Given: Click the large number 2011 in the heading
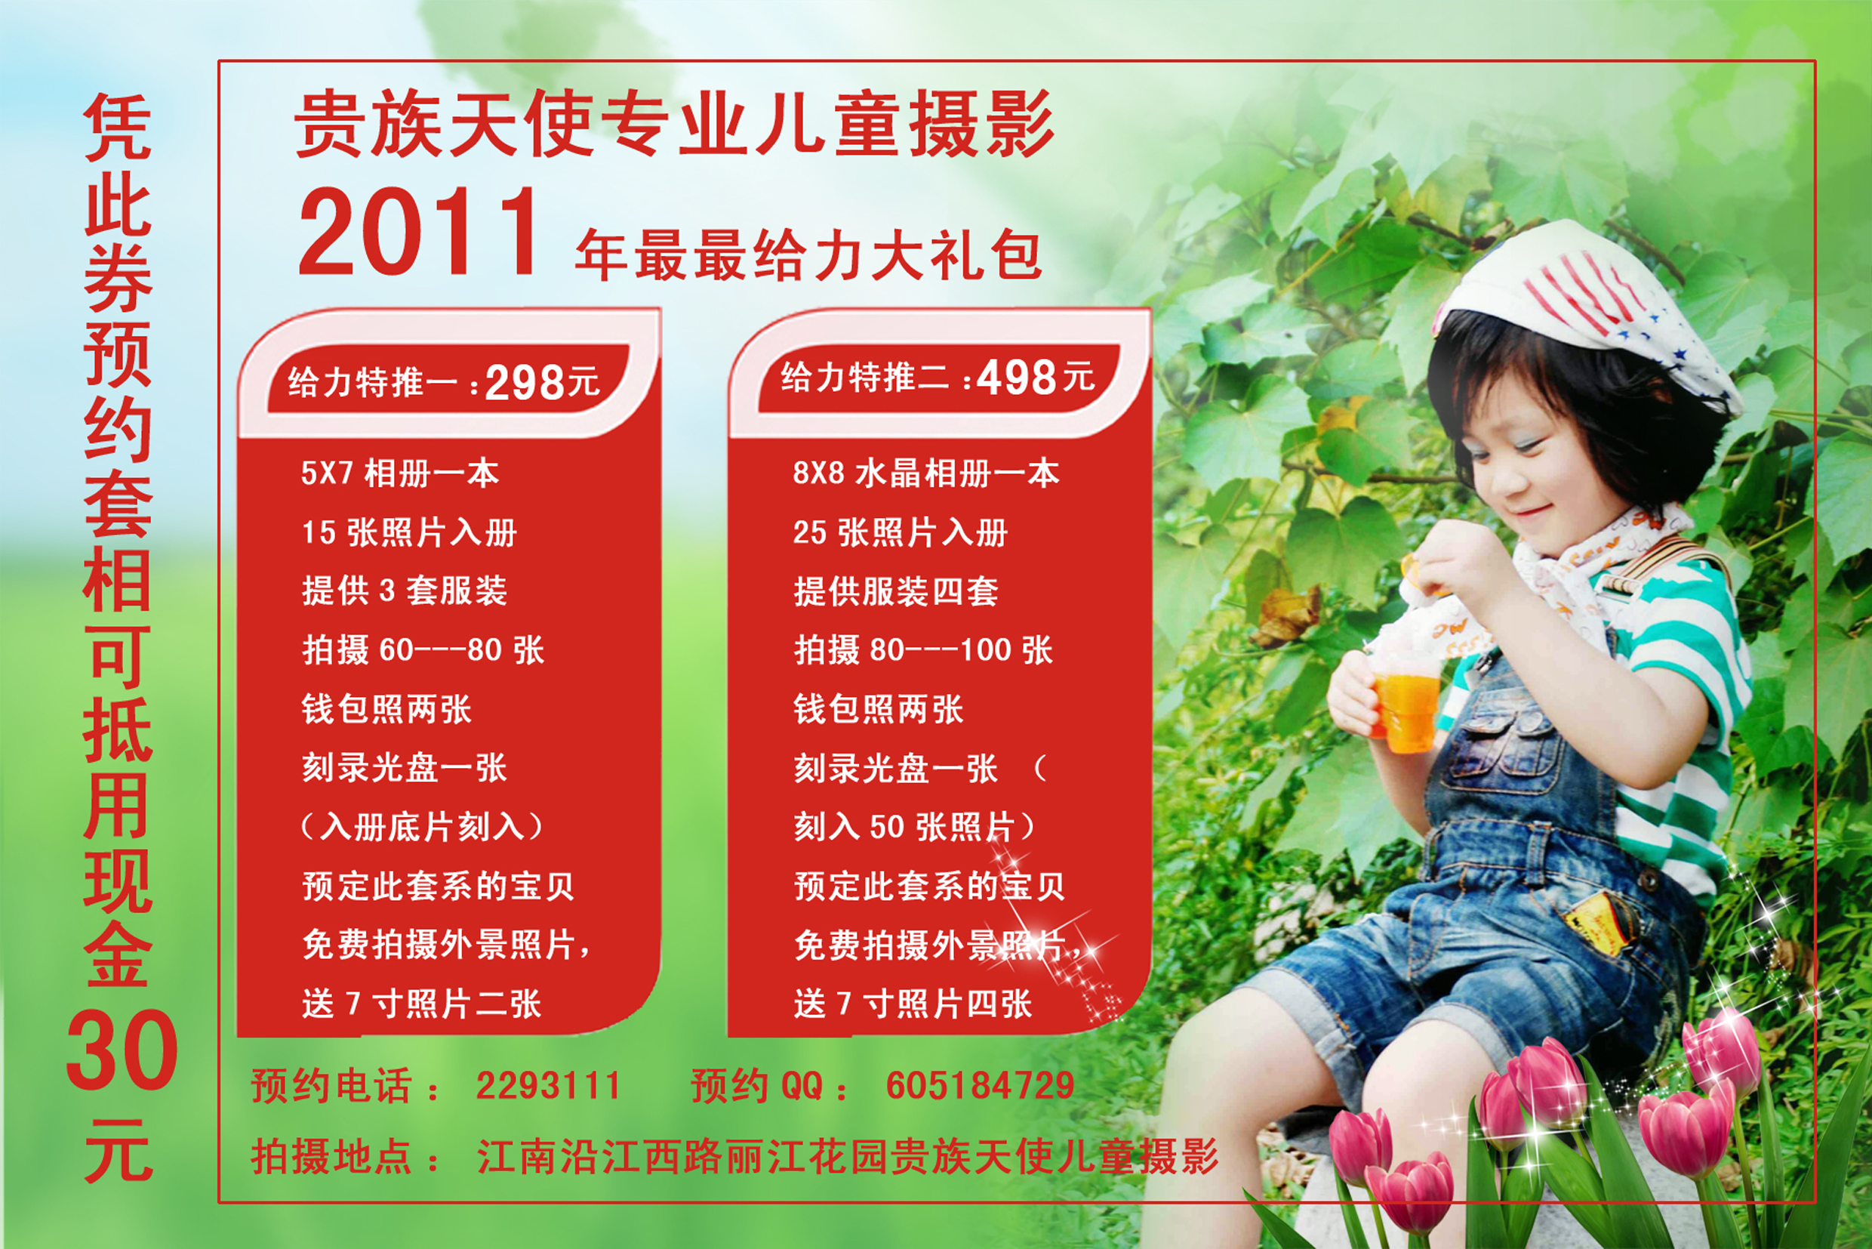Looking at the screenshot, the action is click(x=419, y=233).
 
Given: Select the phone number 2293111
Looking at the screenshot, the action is click(x=548, y=1086).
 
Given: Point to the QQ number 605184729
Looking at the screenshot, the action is click(x=981, y=1086).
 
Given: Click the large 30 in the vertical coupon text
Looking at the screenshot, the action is click(x=121, y=1050).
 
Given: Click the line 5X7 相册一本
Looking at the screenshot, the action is click(x=400, y=474).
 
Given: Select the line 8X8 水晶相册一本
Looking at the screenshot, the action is click(x=926, y=474).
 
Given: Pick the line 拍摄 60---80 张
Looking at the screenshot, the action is click(x=423, y=650).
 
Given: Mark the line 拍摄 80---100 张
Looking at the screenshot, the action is click(x=923, y=650).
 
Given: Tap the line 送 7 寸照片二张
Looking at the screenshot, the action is click(x=421, y=1004).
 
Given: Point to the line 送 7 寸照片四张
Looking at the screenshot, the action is click(x=913, y=1004).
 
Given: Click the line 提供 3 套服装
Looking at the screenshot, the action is click(x=405, y=591).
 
